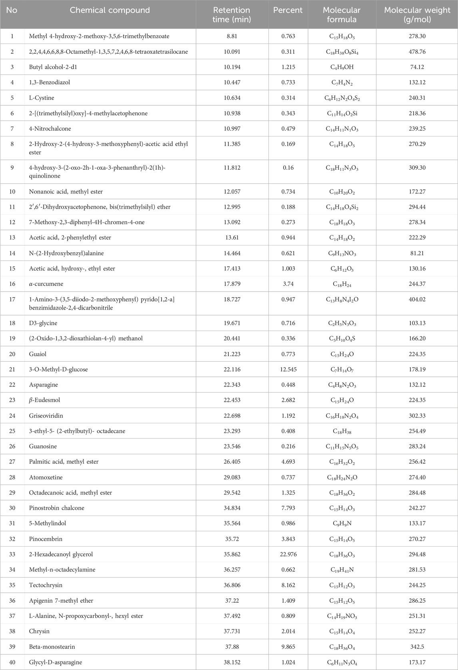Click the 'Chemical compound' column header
coord(110,10)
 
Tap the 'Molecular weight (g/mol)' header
coord(417,14)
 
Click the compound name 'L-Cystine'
coord(42,98)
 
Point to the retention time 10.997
coord(232,129)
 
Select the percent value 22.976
coord(288,555)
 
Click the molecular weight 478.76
coord(417,52)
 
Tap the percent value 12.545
coord(288,370)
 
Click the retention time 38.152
coord(232,663)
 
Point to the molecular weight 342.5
coord(417,647)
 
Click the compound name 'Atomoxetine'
coord(46,478)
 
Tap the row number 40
coord(12,663)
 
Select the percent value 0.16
coord(288,168)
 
